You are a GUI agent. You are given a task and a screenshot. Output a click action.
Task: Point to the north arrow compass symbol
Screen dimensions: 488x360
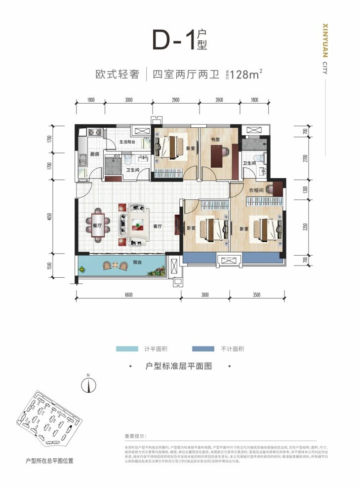coord(88,383)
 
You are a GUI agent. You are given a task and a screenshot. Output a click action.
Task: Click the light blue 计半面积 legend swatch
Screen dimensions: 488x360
coord(127,349)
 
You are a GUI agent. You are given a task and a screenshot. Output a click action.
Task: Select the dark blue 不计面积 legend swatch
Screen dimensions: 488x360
coord(203,349)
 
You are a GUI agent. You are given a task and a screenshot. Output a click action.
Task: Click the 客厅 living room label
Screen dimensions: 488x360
coord(158,226)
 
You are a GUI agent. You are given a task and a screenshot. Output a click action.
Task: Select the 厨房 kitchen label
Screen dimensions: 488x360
coord(95,154)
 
